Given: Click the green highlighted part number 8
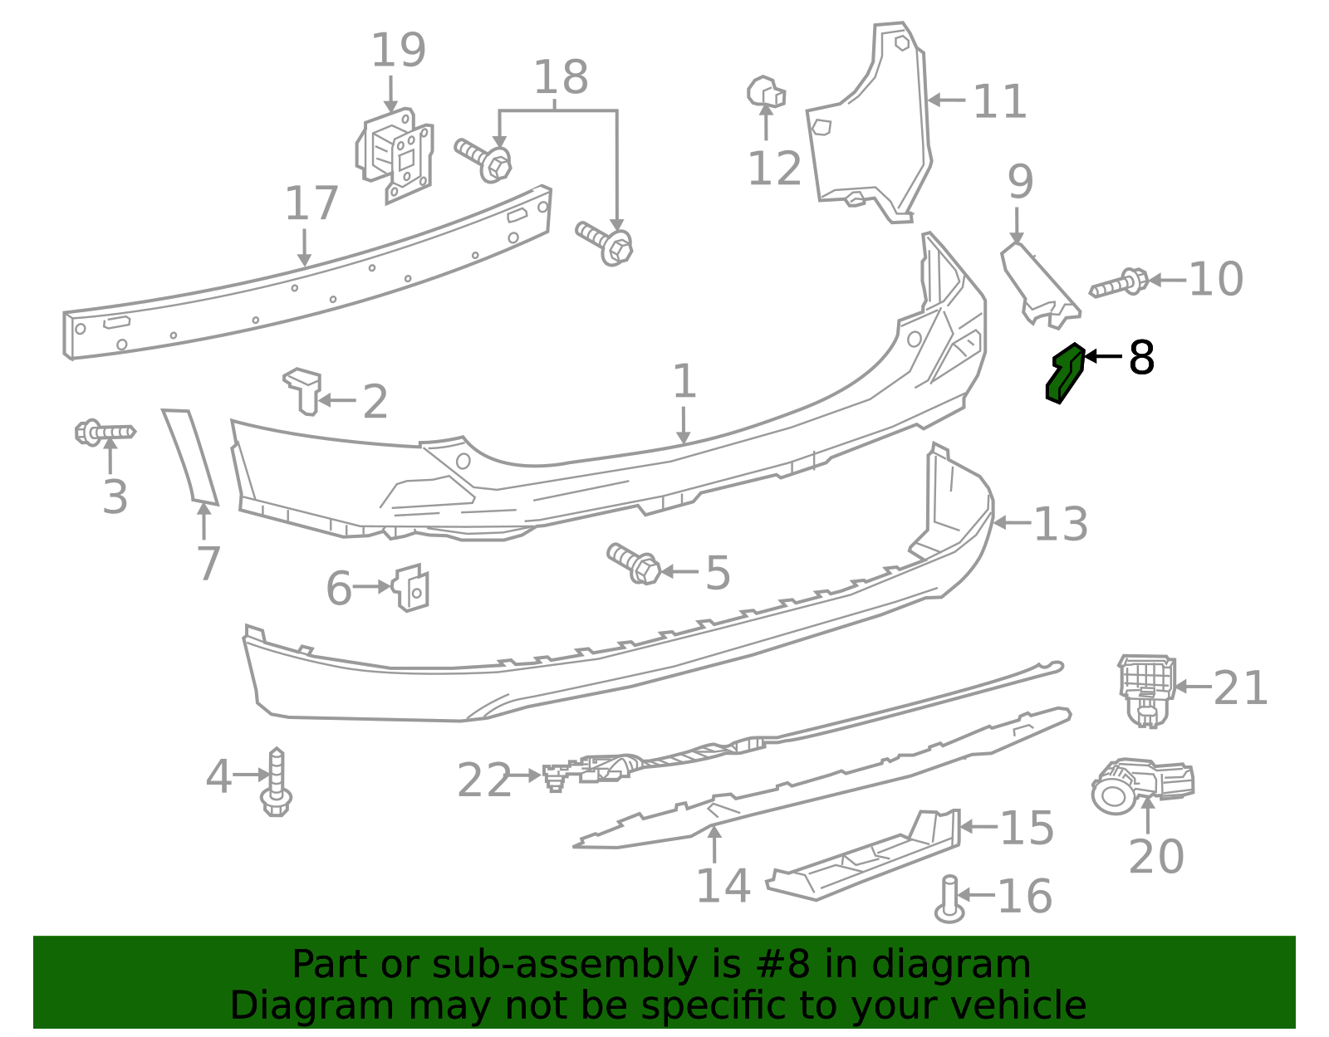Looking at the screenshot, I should [1065, 374].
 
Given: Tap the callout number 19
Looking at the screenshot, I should [398, 51].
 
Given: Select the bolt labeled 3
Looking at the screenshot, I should [105, 433].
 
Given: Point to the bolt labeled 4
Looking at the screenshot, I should [277, 783].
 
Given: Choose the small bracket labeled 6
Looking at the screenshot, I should [412, 587].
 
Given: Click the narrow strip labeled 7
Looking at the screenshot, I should [190, 456].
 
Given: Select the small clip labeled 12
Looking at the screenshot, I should [766, 92].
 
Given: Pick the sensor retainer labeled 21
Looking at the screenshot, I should [1146, 688].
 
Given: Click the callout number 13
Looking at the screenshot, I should [1060, 525].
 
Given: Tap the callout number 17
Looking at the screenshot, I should [311, 204].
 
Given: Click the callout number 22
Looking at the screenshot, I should [484, 781].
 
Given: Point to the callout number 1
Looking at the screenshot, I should [684, 383].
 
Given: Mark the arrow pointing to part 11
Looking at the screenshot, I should [947, 100].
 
